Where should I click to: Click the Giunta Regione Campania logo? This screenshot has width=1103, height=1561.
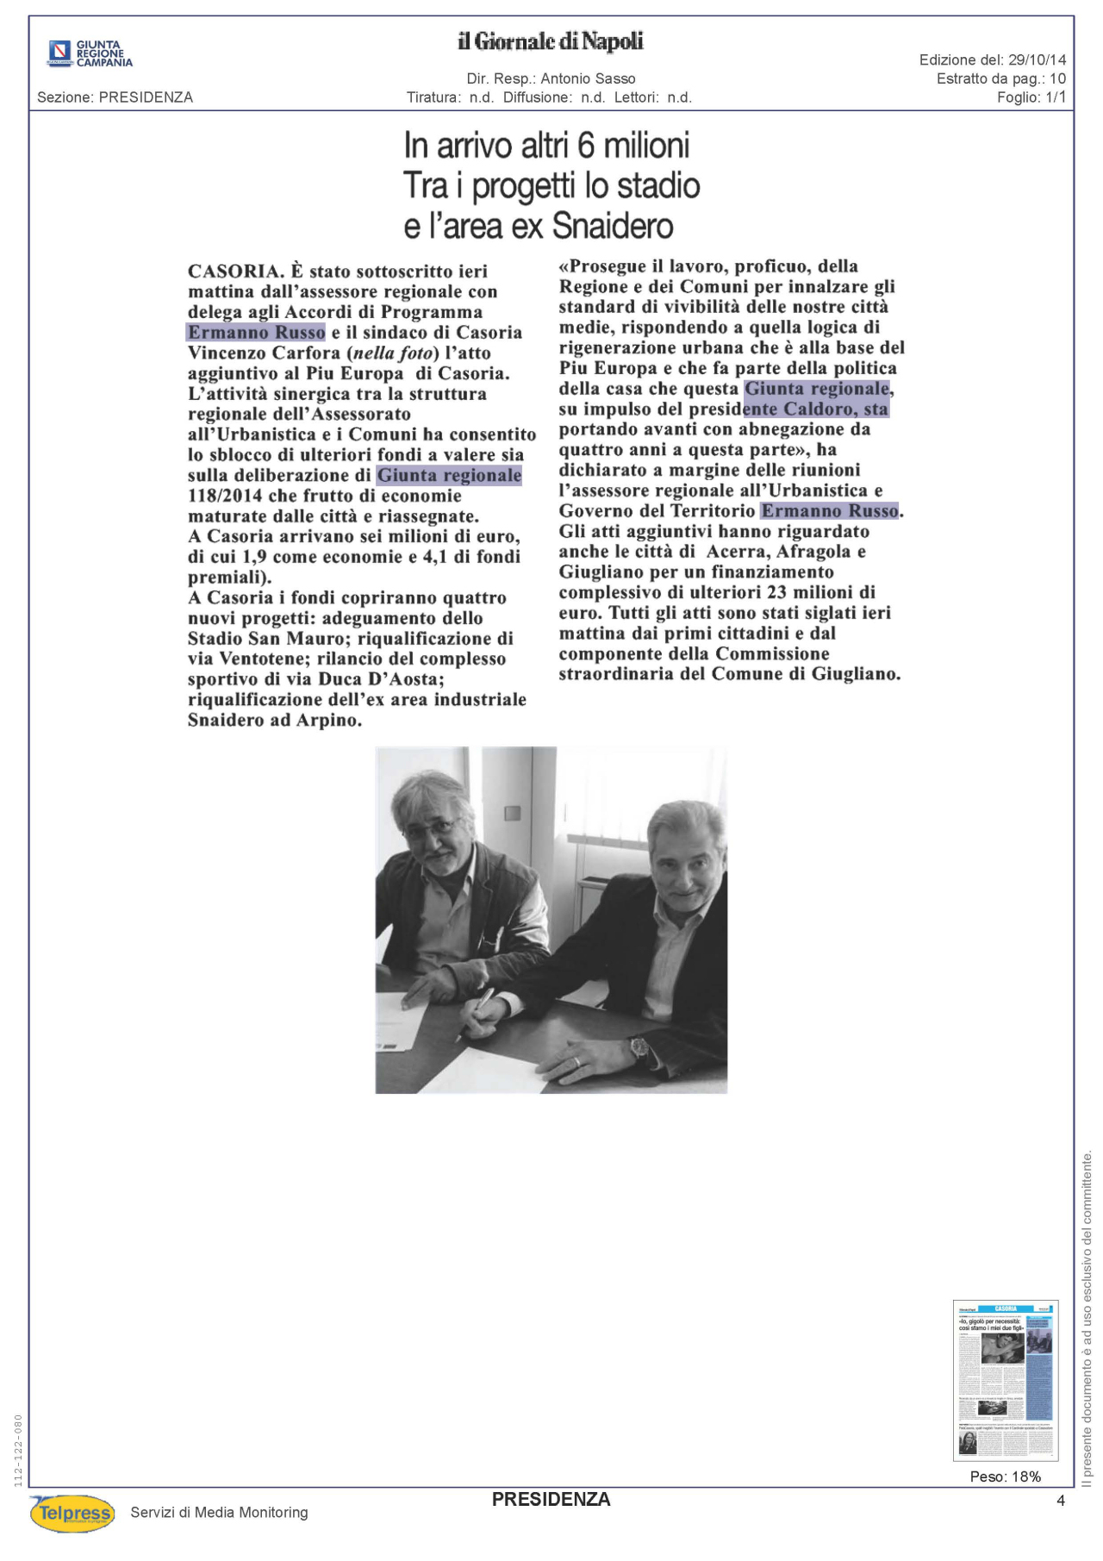click(x=90, y=53)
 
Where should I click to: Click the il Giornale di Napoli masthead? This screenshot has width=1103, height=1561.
click(x=551, y=41)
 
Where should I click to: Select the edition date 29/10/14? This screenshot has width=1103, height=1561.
click(x=1037, y=59)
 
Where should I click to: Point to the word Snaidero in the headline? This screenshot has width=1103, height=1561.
click(x=613, y=226)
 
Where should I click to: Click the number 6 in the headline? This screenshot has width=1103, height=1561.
click(x=586, y=146)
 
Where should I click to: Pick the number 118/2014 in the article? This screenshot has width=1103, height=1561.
click(x=225, y=496)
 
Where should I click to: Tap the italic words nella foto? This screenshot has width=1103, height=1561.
click(x=396, y=353)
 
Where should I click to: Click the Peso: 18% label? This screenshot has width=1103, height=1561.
click(x=1006, y=1477)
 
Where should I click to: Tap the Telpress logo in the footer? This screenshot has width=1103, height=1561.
click(x=73, y=1513)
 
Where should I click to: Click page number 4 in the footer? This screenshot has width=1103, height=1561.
click(x=1061, y=1501)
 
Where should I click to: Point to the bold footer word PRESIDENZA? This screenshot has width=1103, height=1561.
click(x=551, y=1500)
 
